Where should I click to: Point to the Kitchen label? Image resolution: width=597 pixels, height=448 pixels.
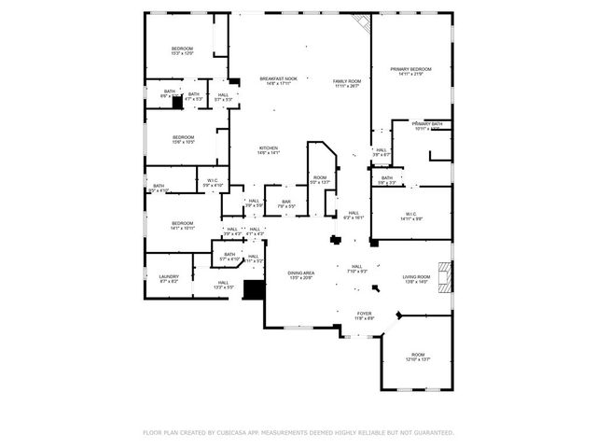(268, 149)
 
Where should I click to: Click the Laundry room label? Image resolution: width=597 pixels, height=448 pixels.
(169, 278)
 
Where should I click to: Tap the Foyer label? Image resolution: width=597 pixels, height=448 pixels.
(364, 316)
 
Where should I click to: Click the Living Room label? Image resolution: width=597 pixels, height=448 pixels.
(416, 279)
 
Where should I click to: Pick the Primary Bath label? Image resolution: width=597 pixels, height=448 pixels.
(427, 126)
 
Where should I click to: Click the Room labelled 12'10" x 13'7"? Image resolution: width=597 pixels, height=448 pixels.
(417, 357)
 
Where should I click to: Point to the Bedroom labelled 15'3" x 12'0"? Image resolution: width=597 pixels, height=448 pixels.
(182, 51)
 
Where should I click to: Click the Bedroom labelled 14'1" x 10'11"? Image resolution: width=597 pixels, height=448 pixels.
(182, 226)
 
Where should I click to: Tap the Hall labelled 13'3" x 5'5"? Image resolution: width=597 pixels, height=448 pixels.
(223, 286)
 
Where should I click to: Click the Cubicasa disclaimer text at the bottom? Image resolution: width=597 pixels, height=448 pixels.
(298, 432)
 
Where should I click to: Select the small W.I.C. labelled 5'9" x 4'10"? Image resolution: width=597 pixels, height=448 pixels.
(213, 184)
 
